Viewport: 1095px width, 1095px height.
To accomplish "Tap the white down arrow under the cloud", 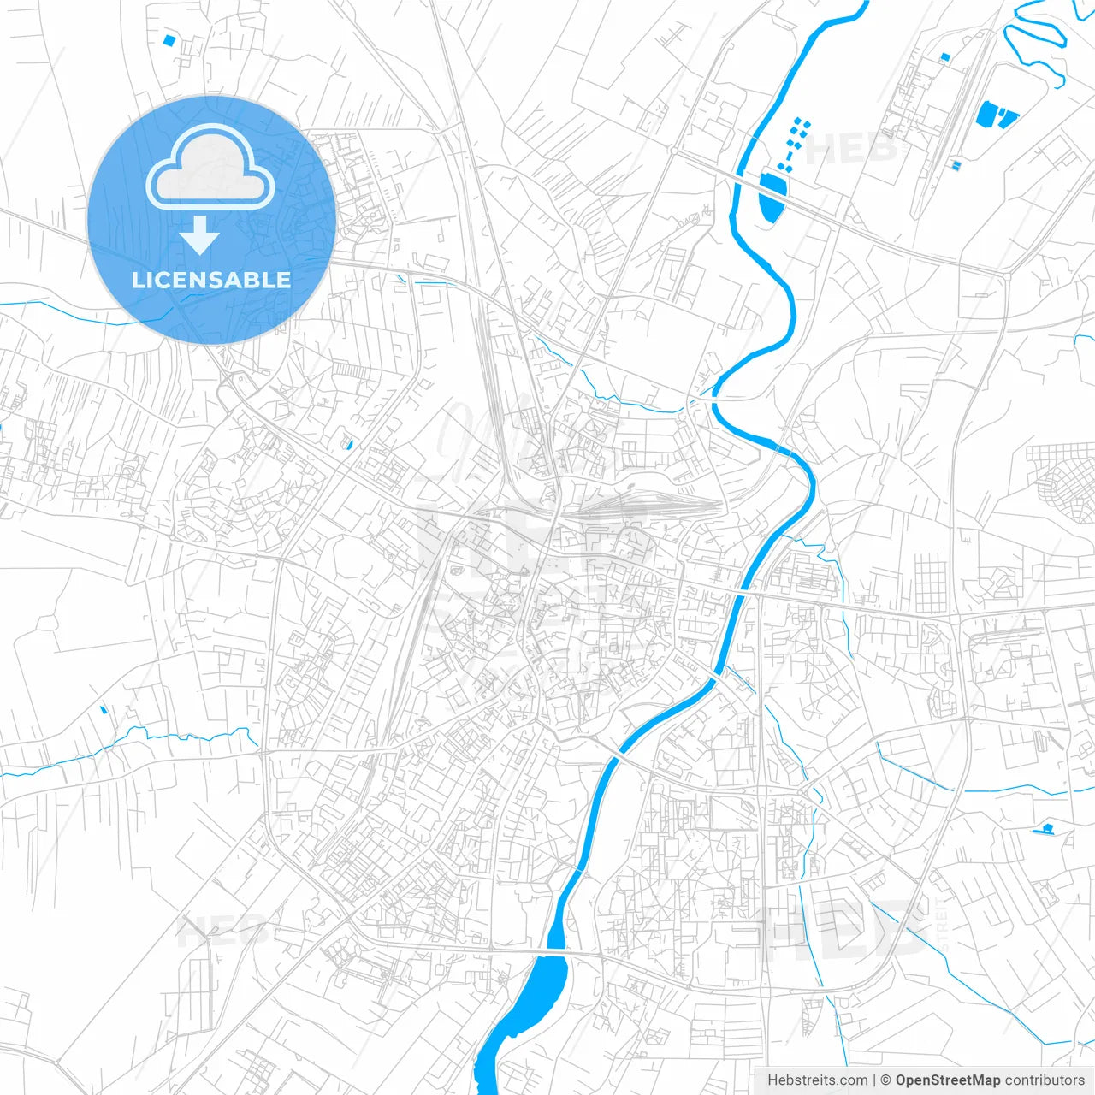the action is (x=200, y=234).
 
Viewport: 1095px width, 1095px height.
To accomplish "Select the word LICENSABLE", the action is (x=211, y=280).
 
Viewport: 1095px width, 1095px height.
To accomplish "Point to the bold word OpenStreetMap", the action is (x=948, y=1080).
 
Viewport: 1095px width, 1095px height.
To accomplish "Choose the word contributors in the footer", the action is (x=1045, y=1080).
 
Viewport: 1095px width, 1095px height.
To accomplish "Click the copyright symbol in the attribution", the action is (x=886, y=1080).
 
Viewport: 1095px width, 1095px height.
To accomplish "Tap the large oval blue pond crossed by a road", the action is (x=773, y=195).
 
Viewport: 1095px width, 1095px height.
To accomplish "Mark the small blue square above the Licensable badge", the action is (x=169, y=39).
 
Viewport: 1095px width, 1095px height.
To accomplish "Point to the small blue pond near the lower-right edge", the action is (x=1045, y=827).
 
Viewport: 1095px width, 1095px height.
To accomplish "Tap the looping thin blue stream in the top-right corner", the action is (x=1035, y=43).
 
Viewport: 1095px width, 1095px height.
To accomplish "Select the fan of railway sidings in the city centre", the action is (x=650, y=505).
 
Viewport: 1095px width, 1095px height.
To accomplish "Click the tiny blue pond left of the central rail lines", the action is (x=348, y=444).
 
